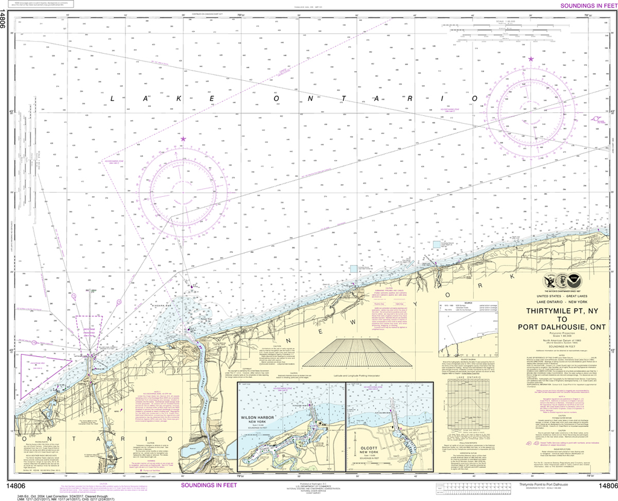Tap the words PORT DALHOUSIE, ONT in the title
tap(553, 329)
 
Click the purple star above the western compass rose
tap(183, 140)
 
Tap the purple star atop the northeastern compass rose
tap(530, 59)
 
